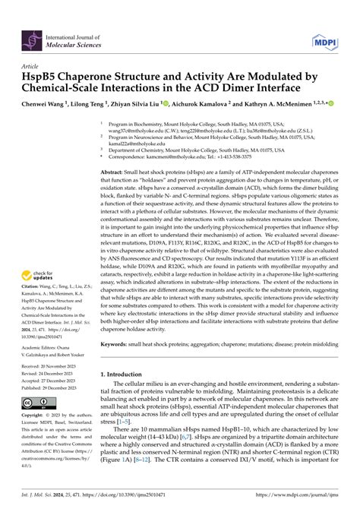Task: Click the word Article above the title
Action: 33,65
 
